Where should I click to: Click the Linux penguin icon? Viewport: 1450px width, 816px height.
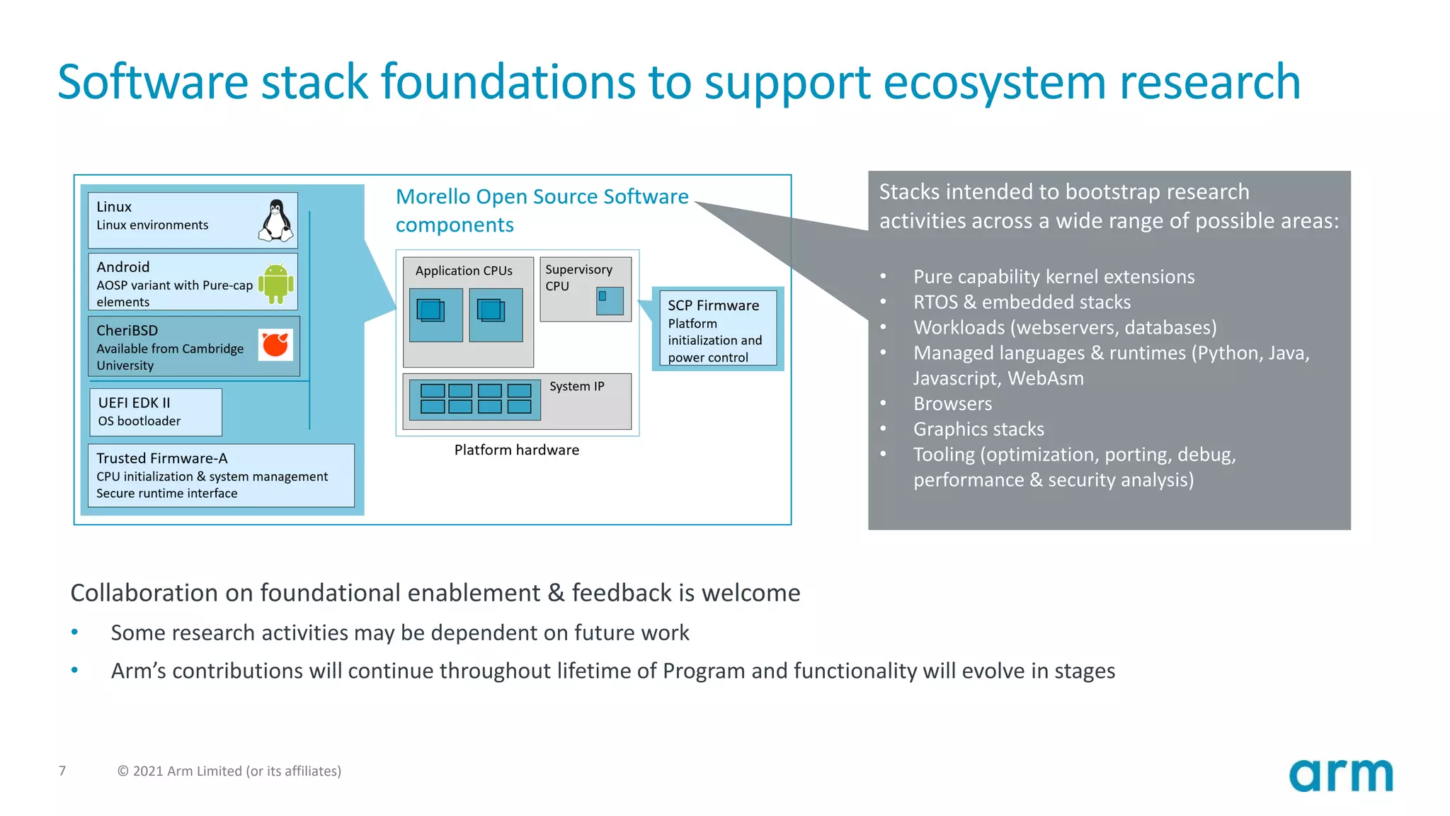[276, 220]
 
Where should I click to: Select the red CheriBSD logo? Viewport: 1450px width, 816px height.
[275, 345]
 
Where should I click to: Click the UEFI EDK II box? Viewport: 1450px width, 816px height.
[155, 412]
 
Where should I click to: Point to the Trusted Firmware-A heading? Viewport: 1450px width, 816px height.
[162, 458]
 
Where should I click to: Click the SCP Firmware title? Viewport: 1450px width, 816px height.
[713, 305]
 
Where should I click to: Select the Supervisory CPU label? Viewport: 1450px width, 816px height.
[578, 278]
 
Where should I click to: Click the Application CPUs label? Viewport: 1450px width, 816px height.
[464, 271]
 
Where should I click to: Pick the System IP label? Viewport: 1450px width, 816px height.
[576, 386]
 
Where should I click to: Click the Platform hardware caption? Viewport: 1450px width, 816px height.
[516, 450]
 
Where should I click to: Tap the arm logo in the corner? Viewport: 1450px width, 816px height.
[1340, 776]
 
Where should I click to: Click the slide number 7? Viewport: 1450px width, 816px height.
[62, 771]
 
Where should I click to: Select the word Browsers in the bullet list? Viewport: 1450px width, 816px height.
[952, 404]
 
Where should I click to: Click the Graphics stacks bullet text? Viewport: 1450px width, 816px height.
[978, 429]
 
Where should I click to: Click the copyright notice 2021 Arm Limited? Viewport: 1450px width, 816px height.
[229, 771]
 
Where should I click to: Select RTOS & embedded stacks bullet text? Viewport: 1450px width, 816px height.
[1022, 302]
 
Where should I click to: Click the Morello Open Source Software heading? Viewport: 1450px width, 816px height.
[542, 197]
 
